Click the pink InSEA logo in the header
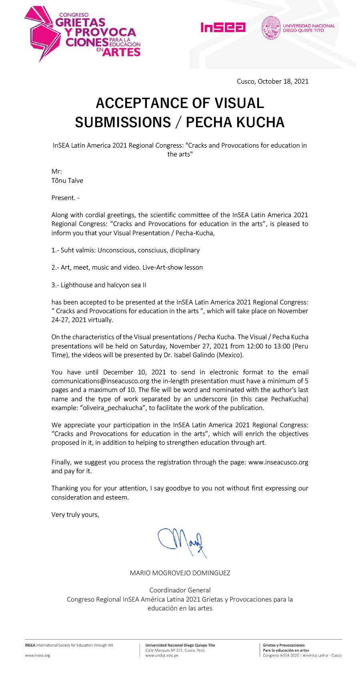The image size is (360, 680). coord(223,27)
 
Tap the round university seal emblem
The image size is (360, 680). coord(271,28)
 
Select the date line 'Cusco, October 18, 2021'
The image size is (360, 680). coord(272,82)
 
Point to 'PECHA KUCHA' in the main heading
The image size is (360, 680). coord(235,122)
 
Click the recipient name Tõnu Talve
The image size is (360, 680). coord(67,181)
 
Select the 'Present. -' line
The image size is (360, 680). coord(65,198)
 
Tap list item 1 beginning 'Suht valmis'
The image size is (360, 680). coord(126,250)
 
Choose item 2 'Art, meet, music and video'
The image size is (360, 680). coord(127,268)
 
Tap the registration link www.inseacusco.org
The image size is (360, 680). coord(278,462)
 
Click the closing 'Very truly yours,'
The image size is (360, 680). coord(75,515)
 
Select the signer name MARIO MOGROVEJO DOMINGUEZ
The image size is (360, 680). coord(180,573)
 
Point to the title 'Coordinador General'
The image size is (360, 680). coord(180,590)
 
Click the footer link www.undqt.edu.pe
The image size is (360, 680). coord(162,656)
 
